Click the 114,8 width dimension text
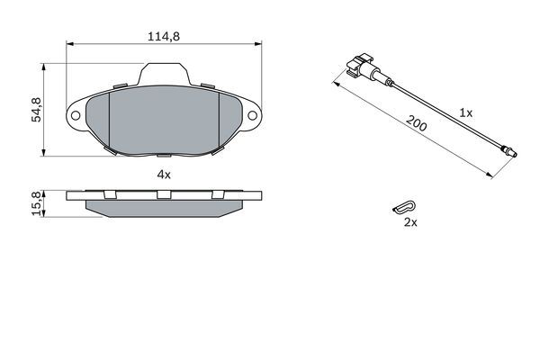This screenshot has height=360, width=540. coord(163,37)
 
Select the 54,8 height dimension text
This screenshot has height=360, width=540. coord(37,110)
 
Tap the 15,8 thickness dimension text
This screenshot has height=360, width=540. coord(37,203)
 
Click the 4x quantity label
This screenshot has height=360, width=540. coord(163,174)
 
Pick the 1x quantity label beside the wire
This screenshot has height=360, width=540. coord(464,113)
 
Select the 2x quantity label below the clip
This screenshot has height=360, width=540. coord(410,222)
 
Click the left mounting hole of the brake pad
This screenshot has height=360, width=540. coord(75,117)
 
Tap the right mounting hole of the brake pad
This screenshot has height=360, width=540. coord(253,117)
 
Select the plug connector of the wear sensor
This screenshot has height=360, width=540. coord(361,69)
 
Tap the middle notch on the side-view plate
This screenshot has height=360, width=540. coord(163,194)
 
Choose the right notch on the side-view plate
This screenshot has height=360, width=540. coord(217,194)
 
